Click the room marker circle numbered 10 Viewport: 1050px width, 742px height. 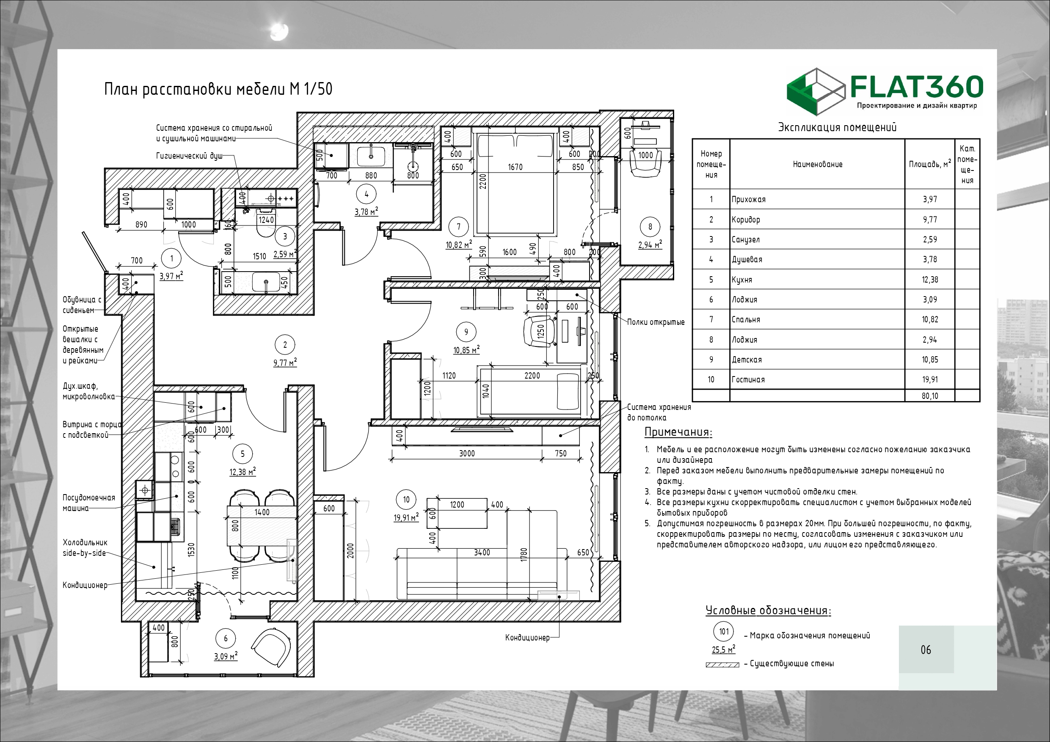click(x=406, y=500)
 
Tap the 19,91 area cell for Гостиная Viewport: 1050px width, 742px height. click(x=929, y=379)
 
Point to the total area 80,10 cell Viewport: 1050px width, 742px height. click(x=930, y=396)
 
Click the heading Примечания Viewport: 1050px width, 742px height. click(x=678, y=432)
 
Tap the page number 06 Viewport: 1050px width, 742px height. click(x=926, y=650)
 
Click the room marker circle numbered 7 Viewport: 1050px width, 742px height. click(x=458, y=226)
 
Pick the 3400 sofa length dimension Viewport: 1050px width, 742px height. click(x=482, y=553)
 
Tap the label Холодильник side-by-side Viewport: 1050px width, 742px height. click(x=85, y=548)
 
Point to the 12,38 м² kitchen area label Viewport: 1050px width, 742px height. click(x=243, y=471)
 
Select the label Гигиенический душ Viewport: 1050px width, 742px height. click(x=189, y=157)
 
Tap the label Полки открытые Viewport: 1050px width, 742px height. click(x=656, y=322)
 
